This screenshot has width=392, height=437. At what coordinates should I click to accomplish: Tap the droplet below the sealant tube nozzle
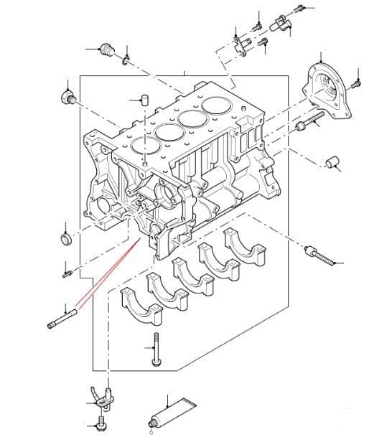(x=150, y=432)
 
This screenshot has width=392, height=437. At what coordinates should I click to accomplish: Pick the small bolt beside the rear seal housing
(x=356, y=85)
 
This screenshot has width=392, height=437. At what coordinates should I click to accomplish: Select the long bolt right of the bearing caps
(x=320, y=255)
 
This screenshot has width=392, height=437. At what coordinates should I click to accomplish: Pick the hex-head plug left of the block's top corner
(x=67, y=97)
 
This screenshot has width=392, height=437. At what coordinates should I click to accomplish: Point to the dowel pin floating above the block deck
(x=145, y=99)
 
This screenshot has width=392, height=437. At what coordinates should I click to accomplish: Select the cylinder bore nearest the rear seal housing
(x=215, y=104)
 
